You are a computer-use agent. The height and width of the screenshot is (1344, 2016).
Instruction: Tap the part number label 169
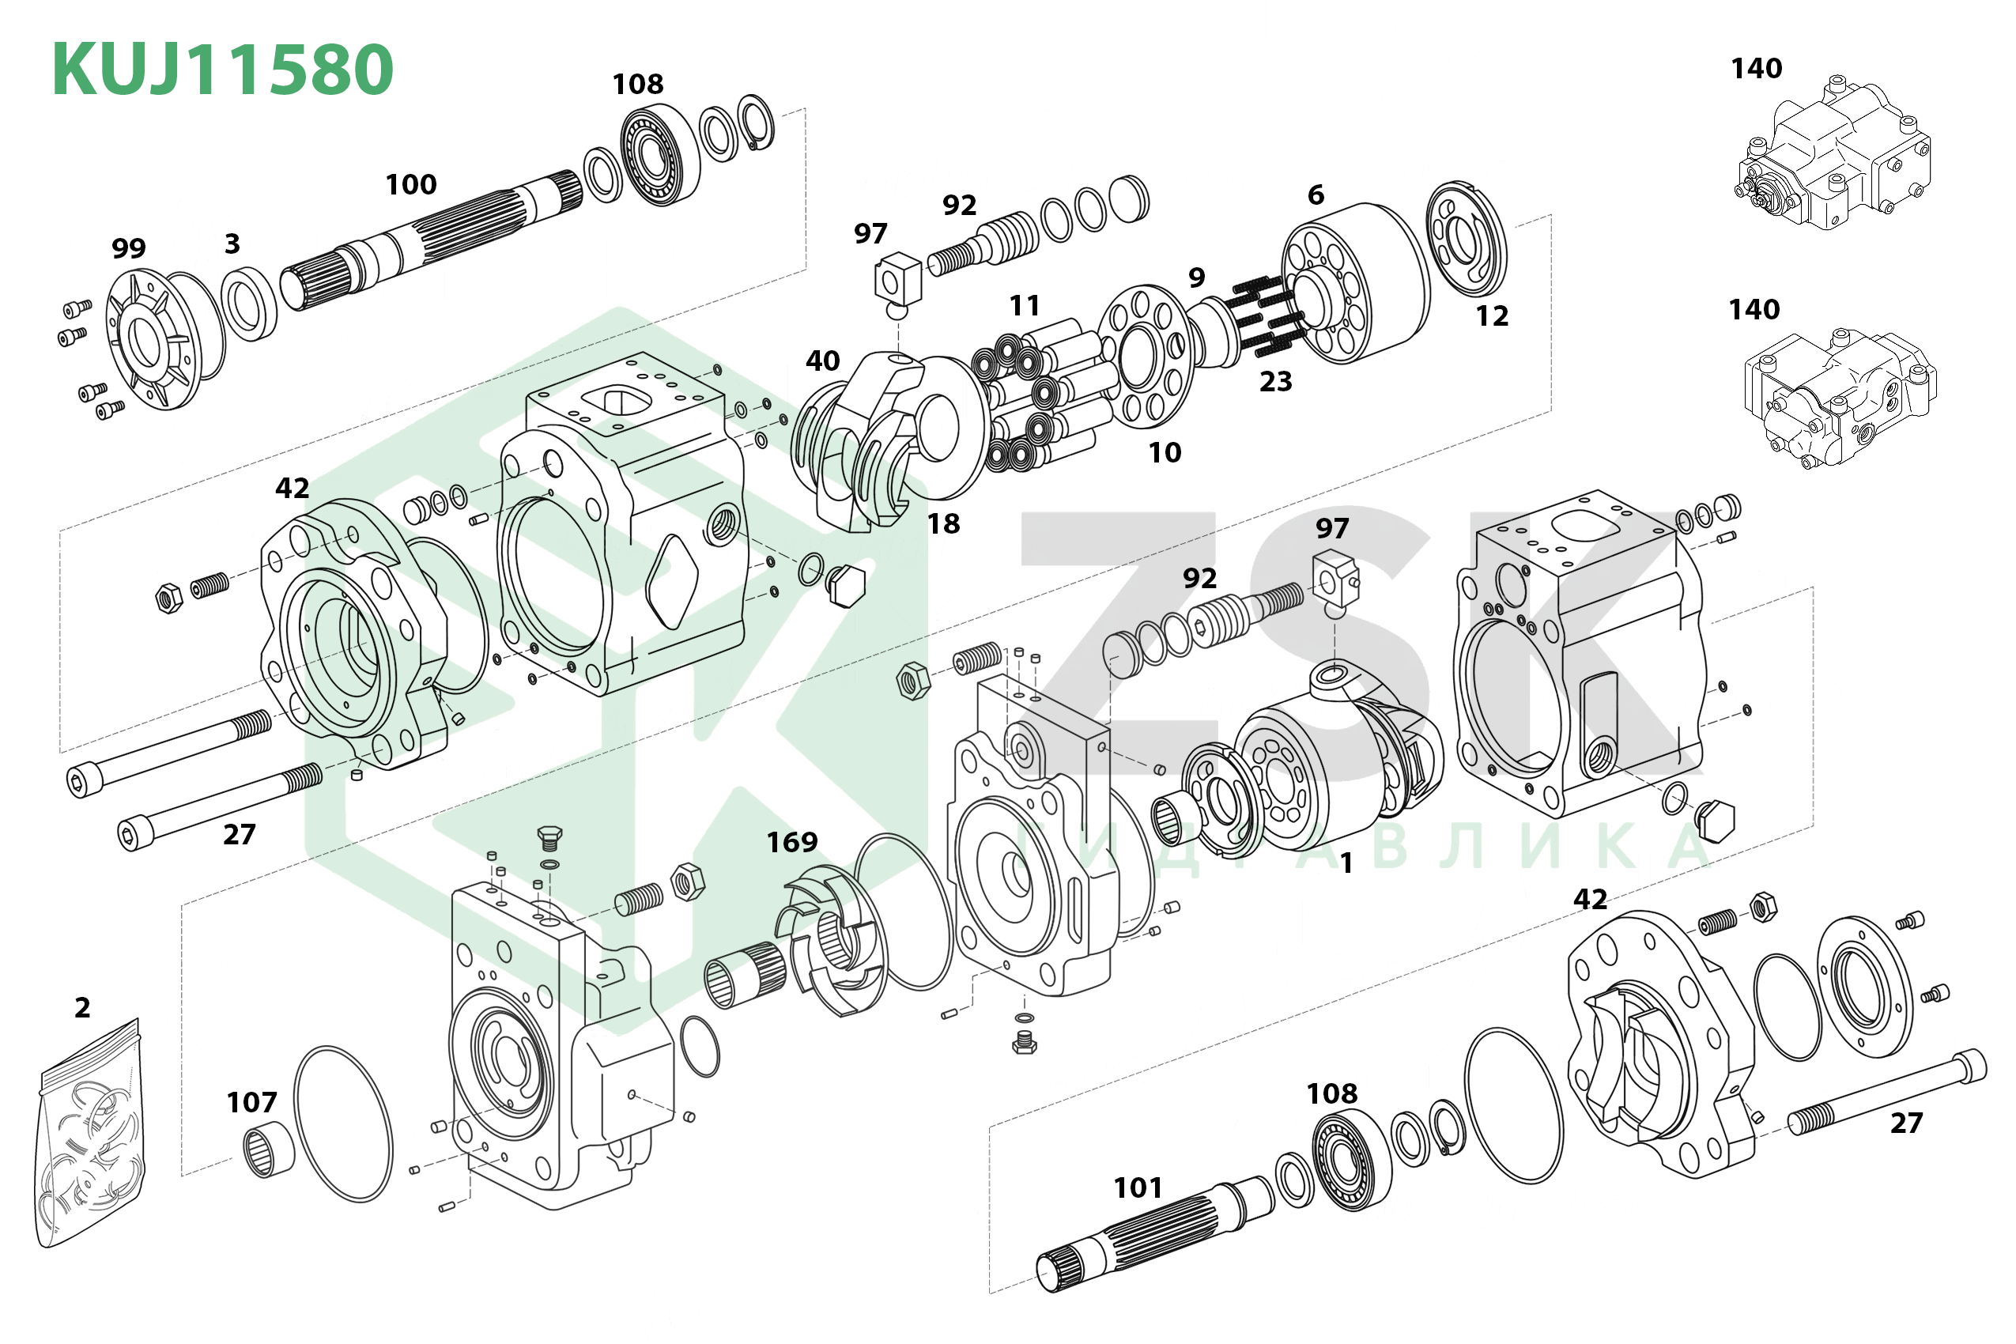tap(791, 843)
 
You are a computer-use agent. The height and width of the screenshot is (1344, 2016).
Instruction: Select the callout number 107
tap(251, 1102)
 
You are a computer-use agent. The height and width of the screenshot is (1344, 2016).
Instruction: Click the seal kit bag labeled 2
tap(90, 1131)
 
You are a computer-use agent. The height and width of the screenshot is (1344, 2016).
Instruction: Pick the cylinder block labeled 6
tap(1354, 283)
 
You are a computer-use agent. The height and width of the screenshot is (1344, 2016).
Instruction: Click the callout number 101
tap(1138, 1188)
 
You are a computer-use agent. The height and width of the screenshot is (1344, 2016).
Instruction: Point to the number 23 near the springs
tap(1274, 381)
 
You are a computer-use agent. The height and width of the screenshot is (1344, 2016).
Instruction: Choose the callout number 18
tap(943, 523)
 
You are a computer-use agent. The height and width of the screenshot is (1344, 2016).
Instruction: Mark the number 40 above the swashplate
tap(822, 361)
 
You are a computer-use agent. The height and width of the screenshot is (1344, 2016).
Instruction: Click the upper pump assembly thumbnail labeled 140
tap(1834, 154)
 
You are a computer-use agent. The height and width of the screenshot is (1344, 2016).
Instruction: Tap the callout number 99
tap(129, 248)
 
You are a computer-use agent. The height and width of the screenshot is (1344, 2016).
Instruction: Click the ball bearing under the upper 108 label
tap(659, 155)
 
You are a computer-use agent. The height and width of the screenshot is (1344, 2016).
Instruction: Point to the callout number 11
tap(1025, 306)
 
